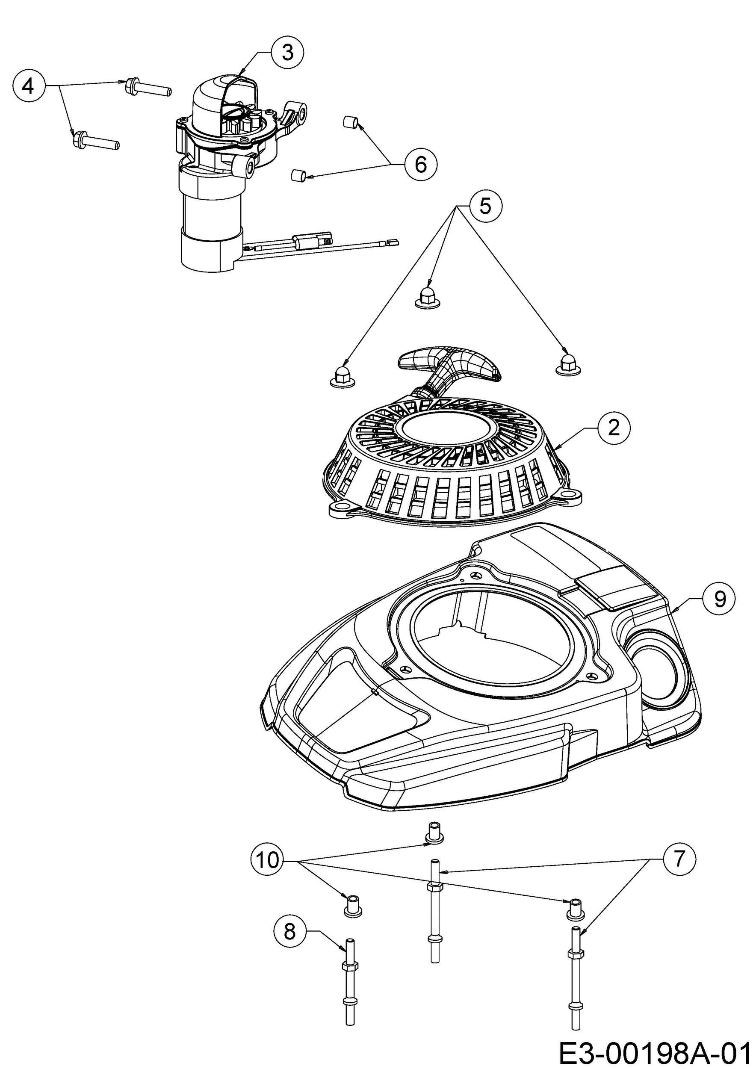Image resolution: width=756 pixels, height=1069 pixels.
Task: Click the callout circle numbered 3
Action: (x=287, y=53)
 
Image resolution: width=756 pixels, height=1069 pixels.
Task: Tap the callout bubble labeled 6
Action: (x=420, y=163)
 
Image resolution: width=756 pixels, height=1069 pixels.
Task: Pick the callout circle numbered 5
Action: (x=485, y=206)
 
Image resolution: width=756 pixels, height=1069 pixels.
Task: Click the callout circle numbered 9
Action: (x=719, y=599)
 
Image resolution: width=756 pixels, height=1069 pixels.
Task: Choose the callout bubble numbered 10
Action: (x=267, y=860)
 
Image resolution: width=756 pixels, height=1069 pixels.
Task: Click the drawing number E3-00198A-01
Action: (x=656, y=1053)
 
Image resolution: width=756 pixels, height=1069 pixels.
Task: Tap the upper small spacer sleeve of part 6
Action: (x=350, y=122)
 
